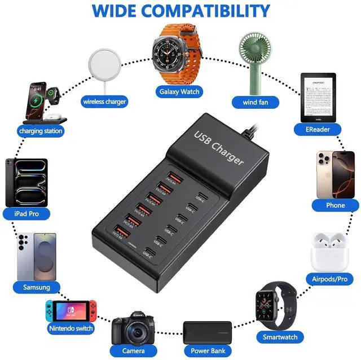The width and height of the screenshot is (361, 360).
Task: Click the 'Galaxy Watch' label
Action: (x=179, y=91)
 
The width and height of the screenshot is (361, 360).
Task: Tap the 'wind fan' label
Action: (x=252, y=102)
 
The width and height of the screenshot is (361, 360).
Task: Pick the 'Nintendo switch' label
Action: (x=71, y=328)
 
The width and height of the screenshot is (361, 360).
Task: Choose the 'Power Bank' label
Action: (x=207, y=350)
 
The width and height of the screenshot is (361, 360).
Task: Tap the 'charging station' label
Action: (x=41, y=131)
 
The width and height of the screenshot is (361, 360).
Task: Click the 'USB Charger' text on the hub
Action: (x=219, y=149)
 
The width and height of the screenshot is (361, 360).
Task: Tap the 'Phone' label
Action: (x=335, y=205)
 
